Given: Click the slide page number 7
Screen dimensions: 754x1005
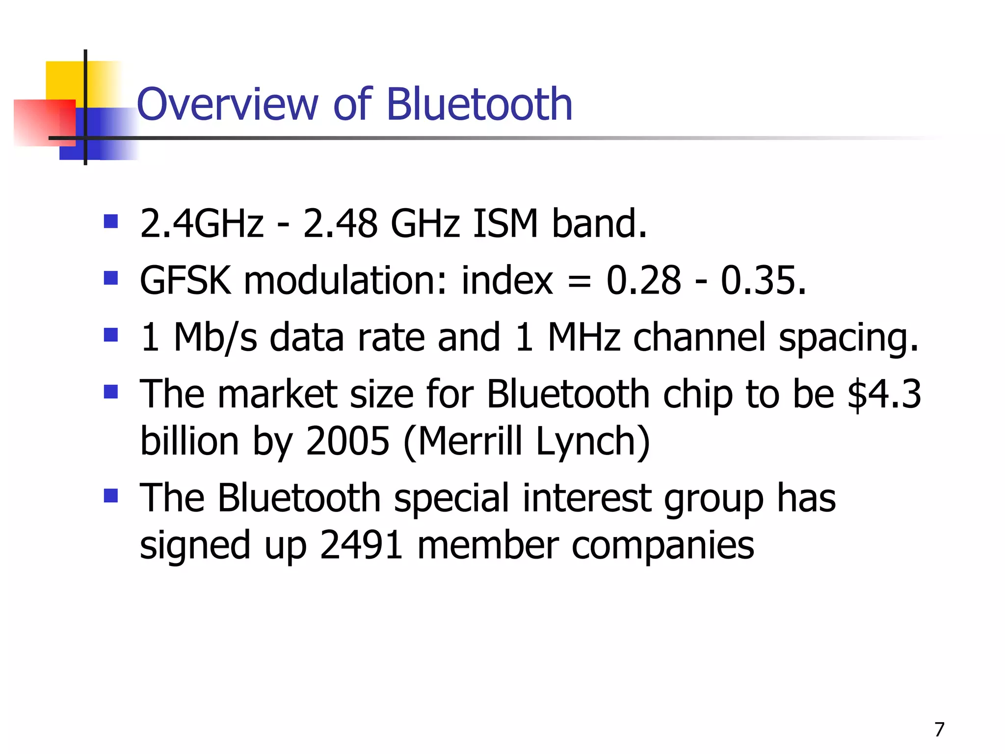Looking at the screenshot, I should tap(939, 729).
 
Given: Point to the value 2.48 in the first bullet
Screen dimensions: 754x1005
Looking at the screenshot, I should tap(340, 224).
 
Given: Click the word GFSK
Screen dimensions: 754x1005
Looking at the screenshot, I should tap(185, 281).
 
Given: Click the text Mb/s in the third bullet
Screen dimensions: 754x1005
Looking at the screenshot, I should tap(215, 338).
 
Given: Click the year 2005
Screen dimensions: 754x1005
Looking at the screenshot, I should tap(347, 441).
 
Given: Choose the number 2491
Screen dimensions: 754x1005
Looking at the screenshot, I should tap(361, 545).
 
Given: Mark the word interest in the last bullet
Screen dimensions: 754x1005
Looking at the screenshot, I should tap(586, 498).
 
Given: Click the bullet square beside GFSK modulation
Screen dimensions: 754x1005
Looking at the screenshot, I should tap(111, 278).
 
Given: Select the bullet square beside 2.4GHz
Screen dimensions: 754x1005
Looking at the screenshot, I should tap(111, 221).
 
